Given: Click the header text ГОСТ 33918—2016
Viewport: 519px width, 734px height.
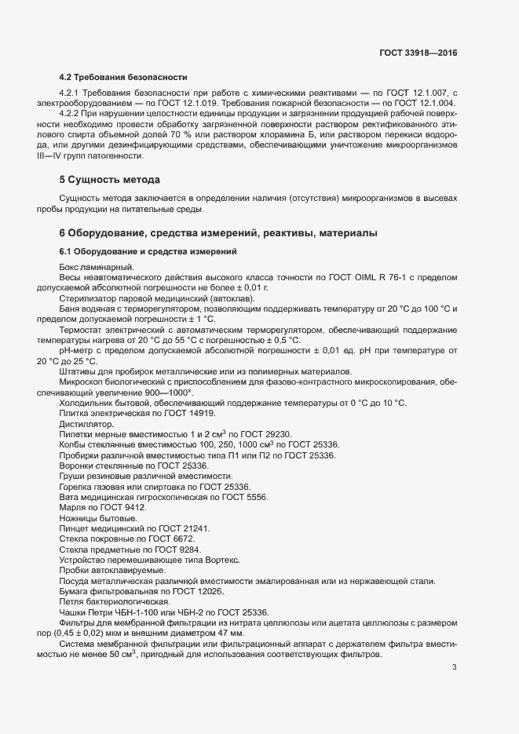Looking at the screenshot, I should [x=418, y=53].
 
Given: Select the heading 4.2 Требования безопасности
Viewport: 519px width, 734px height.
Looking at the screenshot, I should [x=123, y=77].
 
